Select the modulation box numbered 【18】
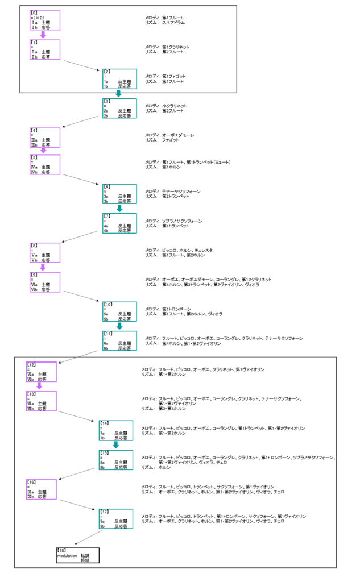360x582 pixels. [77, 555]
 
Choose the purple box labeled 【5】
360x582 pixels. [45, 164]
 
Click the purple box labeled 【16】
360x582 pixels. [41, 489]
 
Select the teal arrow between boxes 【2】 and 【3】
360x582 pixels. [118, 94]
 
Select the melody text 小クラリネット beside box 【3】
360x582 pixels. [175, 106]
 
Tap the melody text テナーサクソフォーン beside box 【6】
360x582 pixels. [181, 192]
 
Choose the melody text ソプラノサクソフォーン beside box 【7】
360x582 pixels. [183, 221]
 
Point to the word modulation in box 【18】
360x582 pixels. [66, 555]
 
